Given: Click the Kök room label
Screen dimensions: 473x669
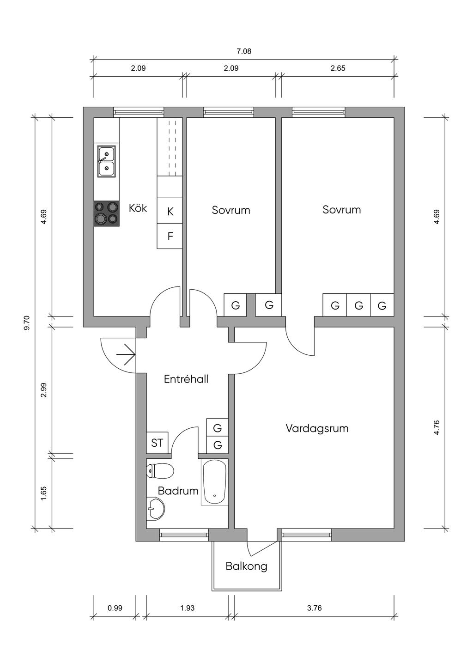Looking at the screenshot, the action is pyautogui.click(x=138, y=208).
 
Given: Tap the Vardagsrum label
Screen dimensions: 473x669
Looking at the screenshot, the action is pyautogui.click(x=317, y=429).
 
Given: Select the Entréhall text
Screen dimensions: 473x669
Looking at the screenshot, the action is pyautogui.click(x=186, y=379).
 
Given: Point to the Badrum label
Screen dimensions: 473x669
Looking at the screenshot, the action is pyautogui.click(x=178, y=491).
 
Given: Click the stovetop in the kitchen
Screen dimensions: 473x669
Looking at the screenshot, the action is pyautogui.click(x=107, y=213).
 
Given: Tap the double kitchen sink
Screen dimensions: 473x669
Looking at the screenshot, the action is pyautogui.click(x=107, y=162).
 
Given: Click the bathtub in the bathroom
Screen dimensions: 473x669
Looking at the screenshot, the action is pyautogui.click(x=214, y=482).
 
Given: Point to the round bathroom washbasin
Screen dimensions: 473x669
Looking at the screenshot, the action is pyautogui.click(x=155, y=508).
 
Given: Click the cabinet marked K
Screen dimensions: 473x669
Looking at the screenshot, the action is pyautogui.click(x=170, y=211).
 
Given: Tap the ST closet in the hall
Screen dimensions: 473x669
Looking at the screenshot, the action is pyautogui.click(x=158, y=443).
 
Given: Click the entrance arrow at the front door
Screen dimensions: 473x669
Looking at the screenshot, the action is pyautogui.click(x=126, y=354).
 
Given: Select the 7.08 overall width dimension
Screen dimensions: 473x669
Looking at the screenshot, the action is pyautogui.click(x=244, y=51).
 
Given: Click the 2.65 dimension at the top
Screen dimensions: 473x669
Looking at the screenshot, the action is pyautogui.click(x=338, y=68).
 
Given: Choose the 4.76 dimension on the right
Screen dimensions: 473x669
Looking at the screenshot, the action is pyautogui.click(x=437, y=428).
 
